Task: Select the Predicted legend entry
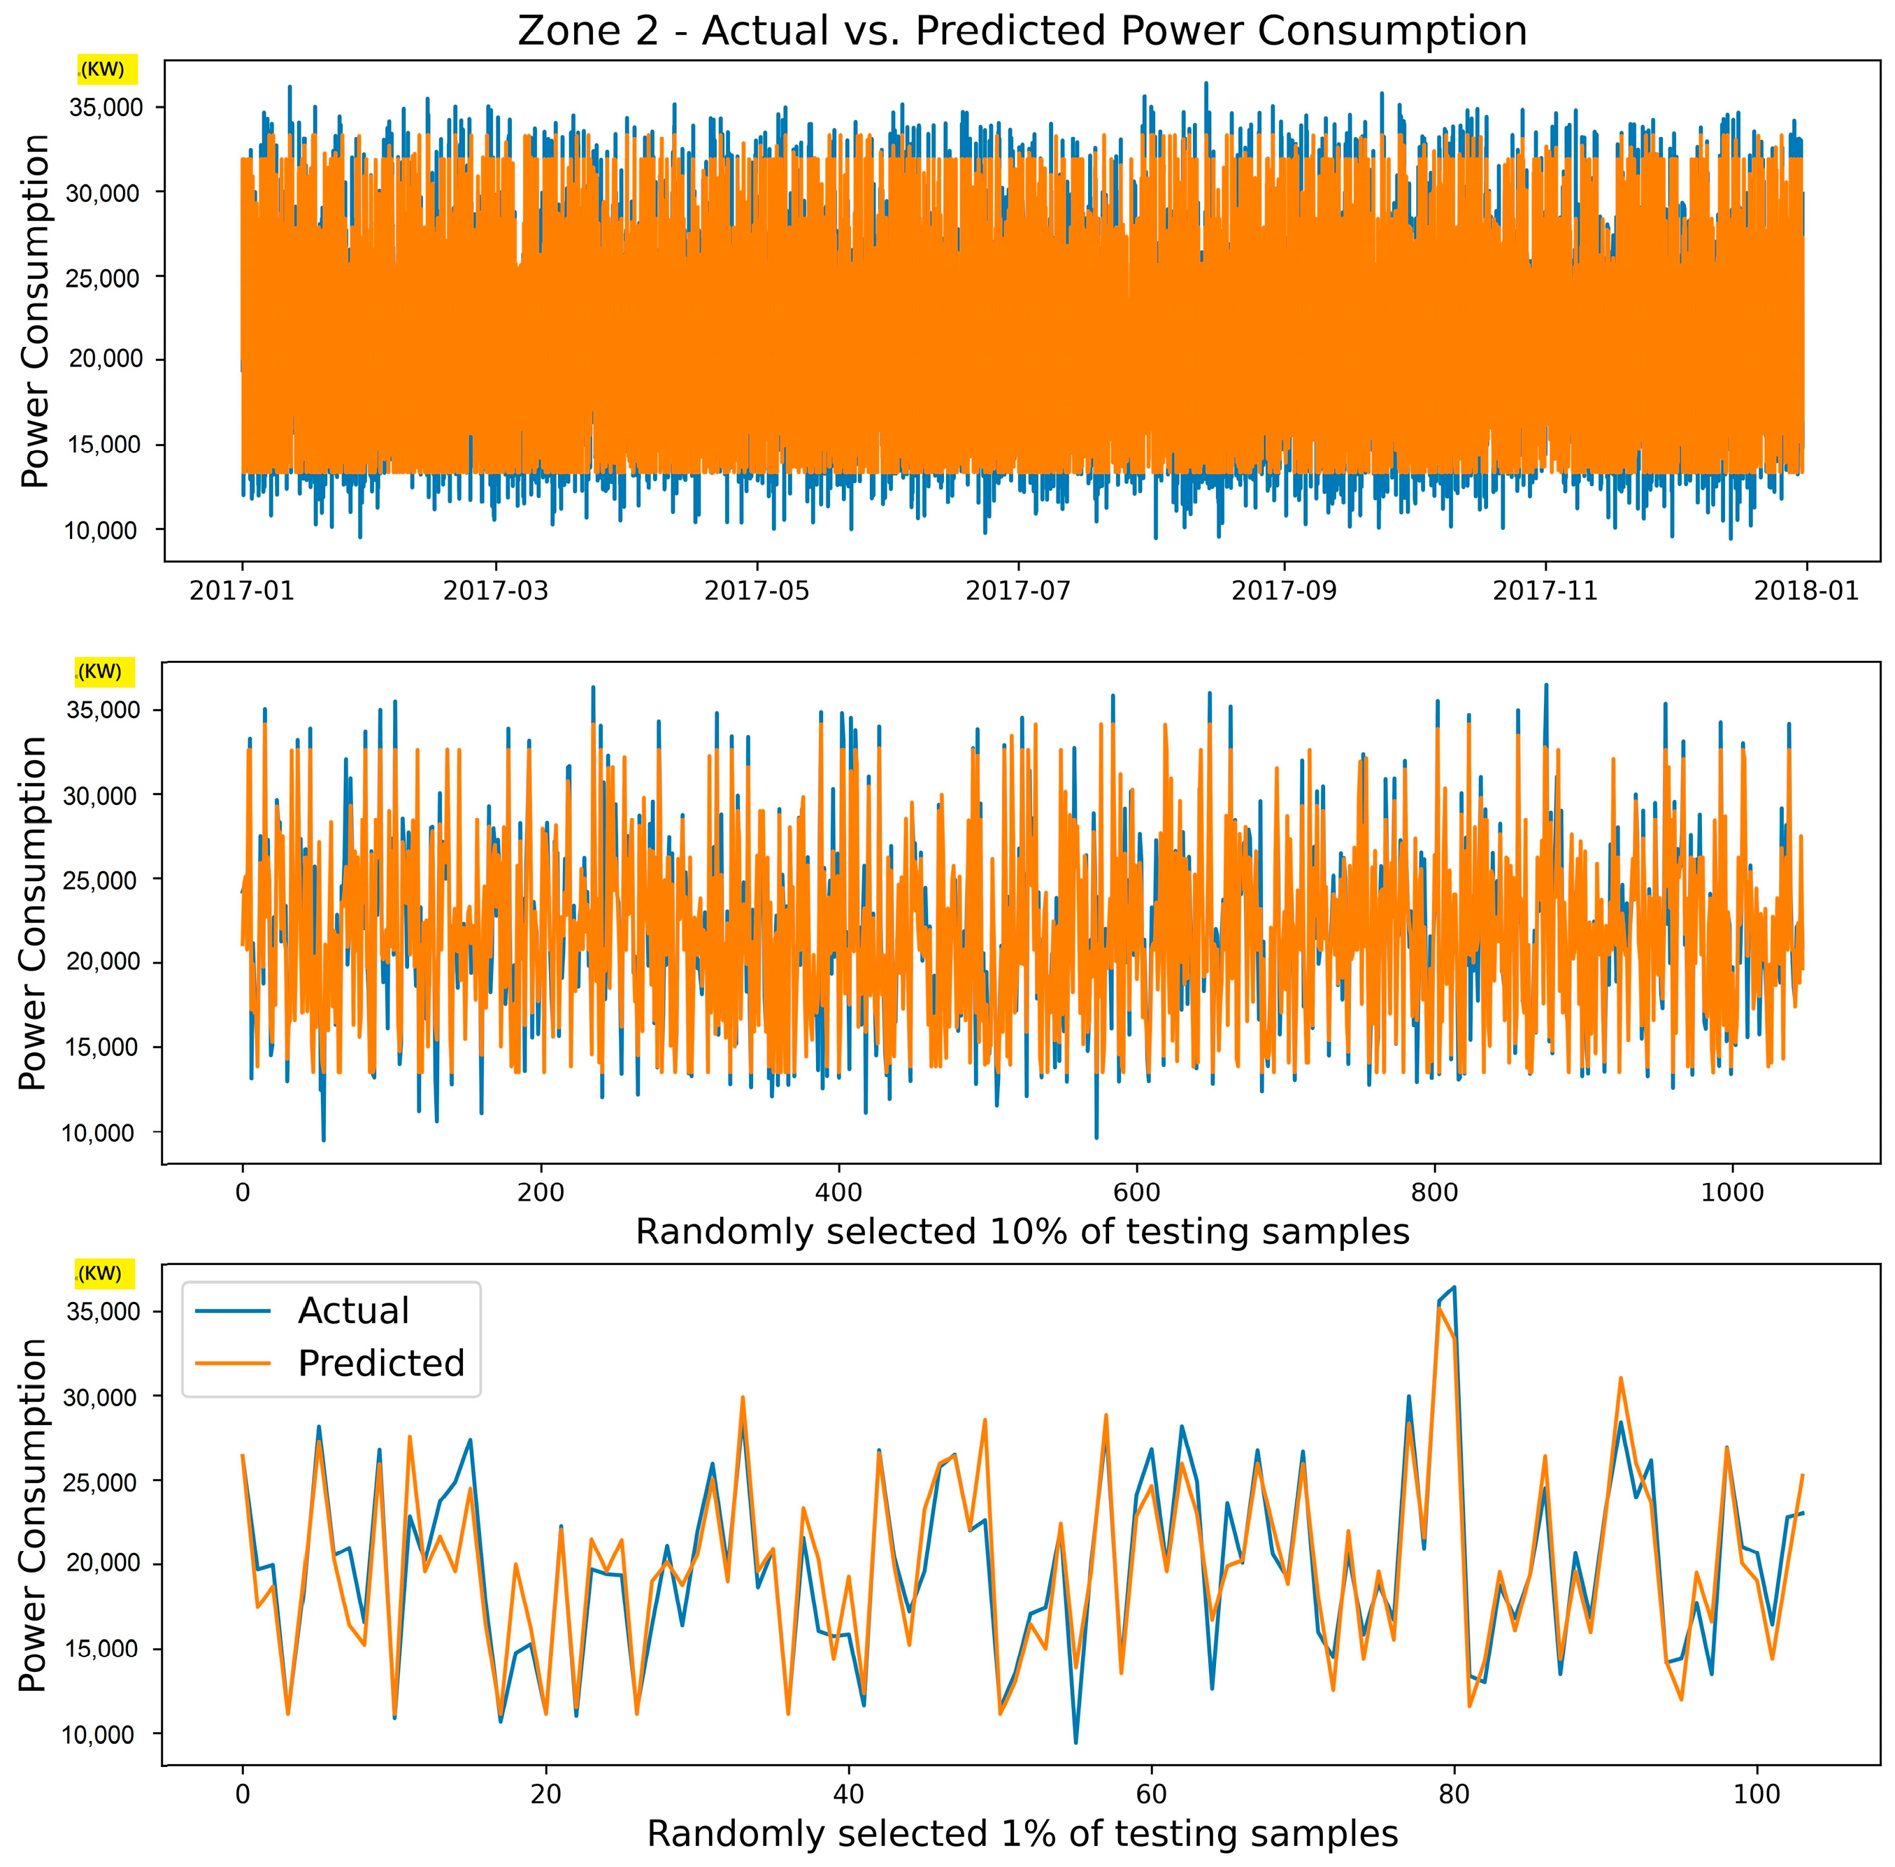pyautogui.click(x=380, y=1363)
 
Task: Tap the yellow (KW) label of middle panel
pyautogui.click(x=104, y=672)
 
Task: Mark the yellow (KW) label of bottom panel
pyautogui.click(x=104, y=1274)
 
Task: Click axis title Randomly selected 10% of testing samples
pyautogui.click(x=1022, y=1231)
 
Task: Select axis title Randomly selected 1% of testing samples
pyautogui.click(x=1022, y=1833)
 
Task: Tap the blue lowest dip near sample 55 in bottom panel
pyautogui.click(x=1075, y=1742)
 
